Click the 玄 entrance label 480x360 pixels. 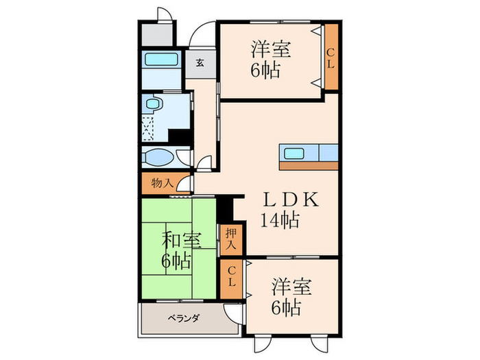(x=200, y=64)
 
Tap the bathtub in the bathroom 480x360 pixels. (x=163, y=61)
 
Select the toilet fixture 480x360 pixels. (x=155, y=106)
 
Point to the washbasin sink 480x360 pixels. (x=159, y=158)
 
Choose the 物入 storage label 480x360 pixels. (x=161, y=183)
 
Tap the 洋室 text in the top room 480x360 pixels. (x=270, y=49)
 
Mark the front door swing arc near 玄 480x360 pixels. (x=202, y=33)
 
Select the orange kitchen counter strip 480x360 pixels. (x=309, y=165)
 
